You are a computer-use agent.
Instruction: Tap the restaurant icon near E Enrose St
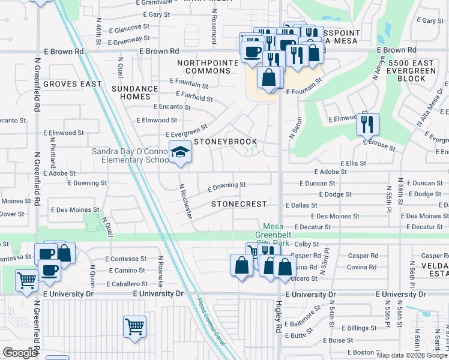tap(367, 124)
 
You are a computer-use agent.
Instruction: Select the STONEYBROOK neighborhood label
tap(224, 142)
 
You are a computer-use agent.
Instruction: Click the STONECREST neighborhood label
tap(239, 204)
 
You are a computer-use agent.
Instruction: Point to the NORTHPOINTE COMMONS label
tap(204, 67)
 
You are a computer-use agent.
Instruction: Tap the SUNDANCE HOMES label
tap(134, 92)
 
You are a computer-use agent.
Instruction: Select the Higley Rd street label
tap(279, 317)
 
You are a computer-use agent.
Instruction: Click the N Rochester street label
tap(185, 200)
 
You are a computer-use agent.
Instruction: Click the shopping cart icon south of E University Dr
tap(134, 327)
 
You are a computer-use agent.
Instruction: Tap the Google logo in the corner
tap(19, 353)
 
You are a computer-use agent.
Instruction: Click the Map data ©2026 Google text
tap(412, 355)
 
